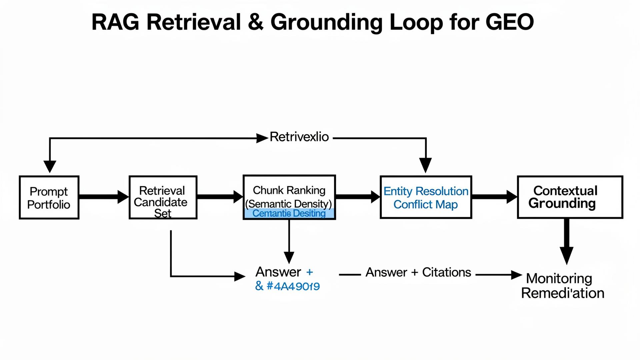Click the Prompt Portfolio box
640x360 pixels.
(49, 197)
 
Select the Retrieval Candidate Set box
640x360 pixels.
(163, 197)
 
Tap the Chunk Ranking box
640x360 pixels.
(289, 193)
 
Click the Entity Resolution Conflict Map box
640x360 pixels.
(426, 197)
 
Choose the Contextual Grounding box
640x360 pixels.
(570, 197)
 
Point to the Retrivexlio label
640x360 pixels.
(299, 137)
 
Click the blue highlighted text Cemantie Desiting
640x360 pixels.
(289, 213)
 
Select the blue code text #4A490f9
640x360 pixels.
(293, 286)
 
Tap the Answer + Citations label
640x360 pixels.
(418, 272)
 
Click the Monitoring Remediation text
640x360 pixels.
(562, 286)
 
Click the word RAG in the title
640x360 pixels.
(115, 22)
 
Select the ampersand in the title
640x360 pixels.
(255, 22)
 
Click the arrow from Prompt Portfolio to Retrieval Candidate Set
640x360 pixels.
(104, 197)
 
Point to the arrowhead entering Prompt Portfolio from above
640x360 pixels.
(50, 166)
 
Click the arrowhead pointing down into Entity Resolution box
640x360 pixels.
(425, 165)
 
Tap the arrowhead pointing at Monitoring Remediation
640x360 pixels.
(516, 275)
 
